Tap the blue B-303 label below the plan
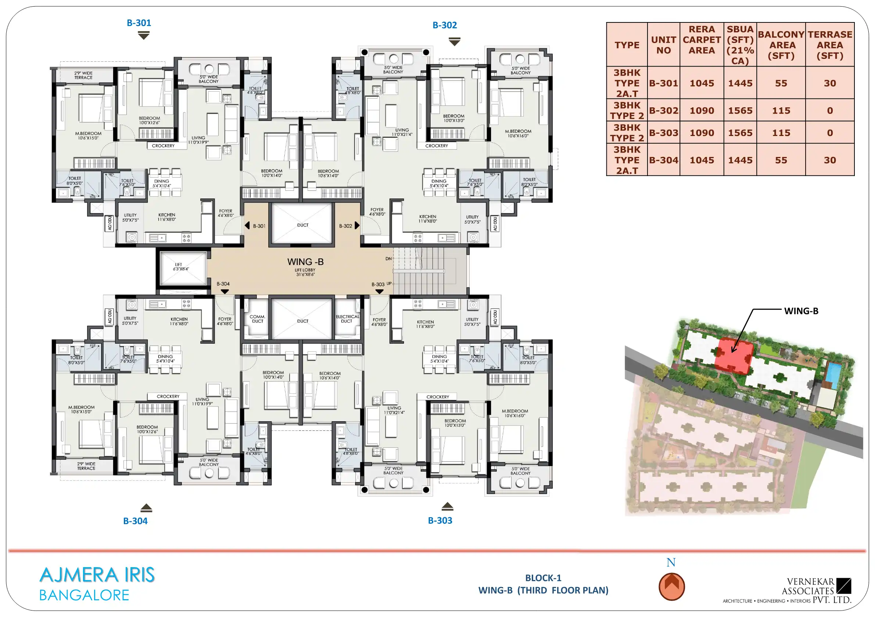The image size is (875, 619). point(440,520)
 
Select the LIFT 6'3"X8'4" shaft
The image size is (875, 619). point(183,268)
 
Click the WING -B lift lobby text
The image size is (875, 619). point(305,262)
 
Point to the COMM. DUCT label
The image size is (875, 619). point(257,319)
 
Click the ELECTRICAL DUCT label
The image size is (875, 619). point(347,319)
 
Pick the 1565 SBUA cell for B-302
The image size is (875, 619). point(740,111)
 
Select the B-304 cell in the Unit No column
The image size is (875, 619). point(663,160)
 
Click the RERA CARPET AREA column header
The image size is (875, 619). point(702,40)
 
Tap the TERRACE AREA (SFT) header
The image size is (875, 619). point(830,45)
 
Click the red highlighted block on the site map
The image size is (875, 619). point(734,355)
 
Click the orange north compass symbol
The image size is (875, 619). point(671,587)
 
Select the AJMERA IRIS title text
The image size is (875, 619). point(97,575)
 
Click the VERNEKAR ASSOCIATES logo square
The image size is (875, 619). point(844,586)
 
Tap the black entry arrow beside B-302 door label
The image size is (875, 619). point(357,225)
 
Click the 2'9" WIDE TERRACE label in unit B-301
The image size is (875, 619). point(83,75)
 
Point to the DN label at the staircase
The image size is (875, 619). point(388,258)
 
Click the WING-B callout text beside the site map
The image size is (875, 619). point(801,311)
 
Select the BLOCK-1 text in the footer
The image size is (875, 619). point(543,578)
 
